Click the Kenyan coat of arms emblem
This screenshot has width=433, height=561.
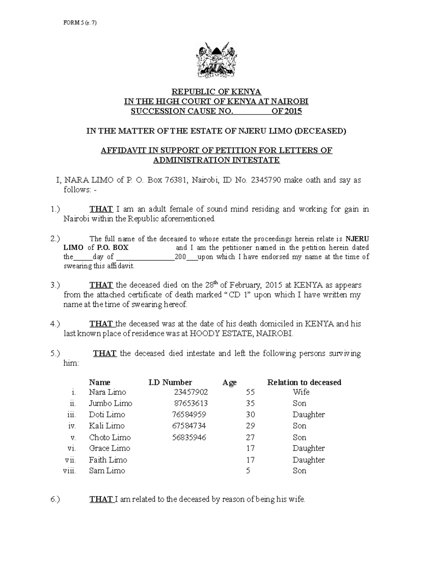pos(216,61)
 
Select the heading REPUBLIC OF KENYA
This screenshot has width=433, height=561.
pos(216,92)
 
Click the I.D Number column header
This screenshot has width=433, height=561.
pos(170,382)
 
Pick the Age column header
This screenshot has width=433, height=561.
pos(229,383)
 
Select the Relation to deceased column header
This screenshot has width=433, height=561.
pos(304,382)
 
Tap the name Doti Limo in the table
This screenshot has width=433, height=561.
pos(107,414)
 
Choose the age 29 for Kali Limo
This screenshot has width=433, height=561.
pos(250,426)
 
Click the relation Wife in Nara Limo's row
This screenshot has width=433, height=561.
pos(301,392)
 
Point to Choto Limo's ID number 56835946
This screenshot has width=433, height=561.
pos(189,437)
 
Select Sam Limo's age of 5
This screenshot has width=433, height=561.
pos(248,470)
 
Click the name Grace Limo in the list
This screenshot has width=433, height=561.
pos(109,448)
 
